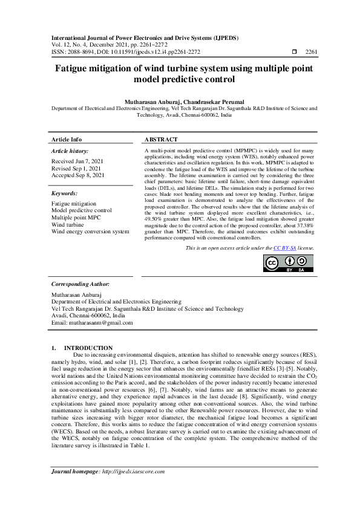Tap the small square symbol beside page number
click(x=294, y=53)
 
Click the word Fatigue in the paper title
click(x=76, y=68)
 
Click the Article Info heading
click(x=67, y=139)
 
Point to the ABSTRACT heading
click(x=161, y=139)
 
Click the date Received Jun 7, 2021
click(x=77, y=161)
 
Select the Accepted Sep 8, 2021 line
click(x=77, y=175)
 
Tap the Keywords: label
click(x=65, y=193)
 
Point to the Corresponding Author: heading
click(x=80, y=284)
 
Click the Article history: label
click(x=70, y=151)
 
